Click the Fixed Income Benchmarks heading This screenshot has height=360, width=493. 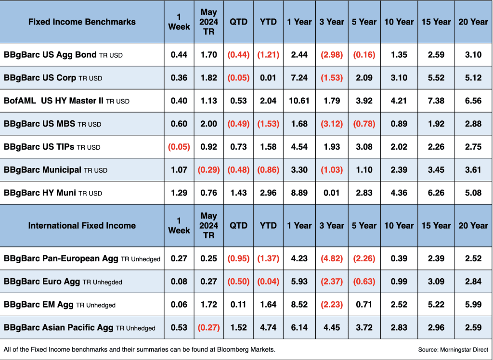tap(82, 22)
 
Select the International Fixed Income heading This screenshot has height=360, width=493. tap(82, 226)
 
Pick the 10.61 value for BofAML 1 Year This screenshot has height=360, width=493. tap(299, 101)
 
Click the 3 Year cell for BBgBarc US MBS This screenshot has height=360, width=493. tap(332, 124)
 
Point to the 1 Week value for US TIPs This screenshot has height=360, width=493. tap(179, 147)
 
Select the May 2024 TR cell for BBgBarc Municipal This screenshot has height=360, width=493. tap(209, 170)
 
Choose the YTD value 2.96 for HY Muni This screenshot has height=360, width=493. tap(268, 193)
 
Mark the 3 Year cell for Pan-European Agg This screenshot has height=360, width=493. tap(332, 258)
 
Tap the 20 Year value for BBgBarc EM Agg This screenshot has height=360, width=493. tap(473, 305)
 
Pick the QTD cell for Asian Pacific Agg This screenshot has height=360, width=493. tap(238, 328)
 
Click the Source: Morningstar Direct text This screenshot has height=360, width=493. tap(453, 349)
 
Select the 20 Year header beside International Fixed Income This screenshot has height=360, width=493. tap(473, 226)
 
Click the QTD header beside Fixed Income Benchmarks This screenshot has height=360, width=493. tap(238, 22)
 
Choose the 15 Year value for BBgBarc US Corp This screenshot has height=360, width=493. tap(436, 78)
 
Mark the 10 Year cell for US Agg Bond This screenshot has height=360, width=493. tap(399, 55)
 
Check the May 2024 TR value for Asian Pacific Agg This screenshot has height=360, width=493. tap(209, 328)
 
